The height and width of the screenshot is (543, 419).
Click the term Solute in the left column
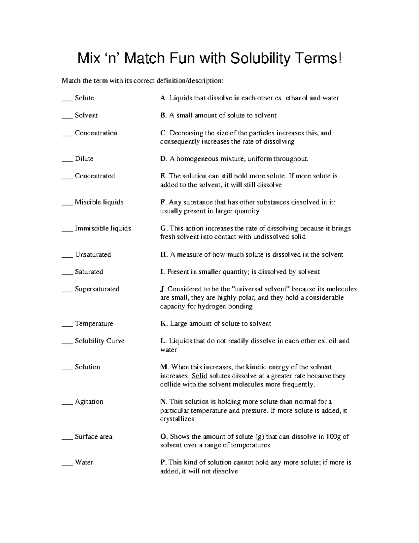tap(84, 98)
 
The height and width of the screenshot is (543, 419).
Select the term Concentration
tap(96, 133)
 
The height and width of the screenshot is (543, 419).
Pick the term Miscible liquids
tap(99, 202)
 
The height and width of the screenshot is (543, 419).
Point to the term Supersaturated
tap(97, 289)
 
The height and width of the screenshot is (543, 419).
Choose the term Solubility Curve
tap(100, 341)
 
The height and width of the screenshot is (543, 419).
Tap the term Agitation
tap(89, 402)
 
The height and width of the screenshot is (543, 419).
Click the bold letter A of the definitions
tap(163, 98)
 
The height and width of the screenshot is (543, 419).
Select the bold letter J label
tap(162, 289)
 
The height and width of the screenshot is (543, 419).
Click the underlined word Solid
tap(199, 376)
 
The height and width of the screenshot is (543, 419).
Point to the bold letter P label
tap(162, 463)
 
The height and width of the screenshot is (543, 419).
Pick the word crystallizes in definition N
tap(177, 419)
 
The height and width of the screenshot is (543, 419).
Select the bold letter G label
tap(163, 229)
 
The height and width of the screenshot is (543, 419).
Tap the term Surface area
tap(94, 437)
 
